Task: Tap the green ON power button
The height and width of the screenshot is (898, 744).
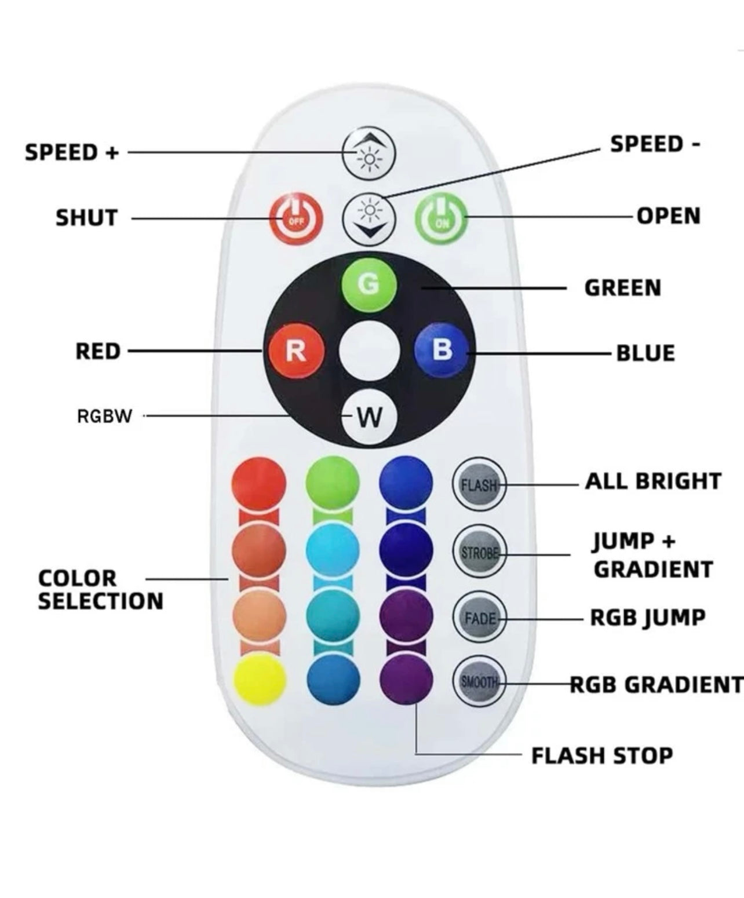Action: [x=441, y=219]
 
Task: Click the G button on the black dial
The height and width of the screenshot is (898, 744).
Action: [x=369, y=284]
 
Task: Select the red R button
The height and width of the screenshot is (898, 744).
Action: [x=295, y=351]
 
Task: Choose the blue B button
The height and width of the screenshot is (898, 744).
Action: [x=442, y=350]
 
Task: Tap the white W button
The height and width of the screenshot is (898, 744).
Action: [x=369, y=416]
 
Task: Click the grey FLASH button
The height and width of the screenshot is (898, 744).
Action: [x=479, y=484]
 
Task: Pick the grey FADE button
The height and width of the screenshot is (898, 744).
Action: [x=479, y=618]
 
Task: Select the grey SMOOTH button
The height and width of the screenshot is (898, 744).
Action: [x=479, y=682]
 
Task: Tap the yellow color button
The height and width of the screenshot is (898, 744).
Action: [x=260, y=679]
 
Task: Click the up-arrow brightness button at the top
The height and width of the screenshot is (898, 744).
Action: [x=369, y=153]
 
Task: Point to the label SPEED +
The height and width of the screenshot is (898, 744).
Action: [x=72, y=152]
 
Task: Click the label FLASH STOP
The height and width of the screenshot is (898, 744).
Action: [x=602, y=755]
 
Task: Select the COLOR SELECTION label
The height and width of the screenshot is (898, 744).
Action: [x=100, y=590]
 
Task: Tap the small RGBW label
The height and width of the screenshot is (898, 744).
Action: [x=105, y=416]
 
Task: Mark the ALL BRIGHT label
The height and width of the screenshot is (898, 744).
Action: [x=653, y=481]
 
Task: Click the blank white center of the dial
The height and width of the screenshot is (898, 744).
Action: [x=369, y=351]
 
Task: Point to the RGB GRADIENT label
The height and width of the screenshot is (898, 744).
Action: [x=656, y=684]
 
